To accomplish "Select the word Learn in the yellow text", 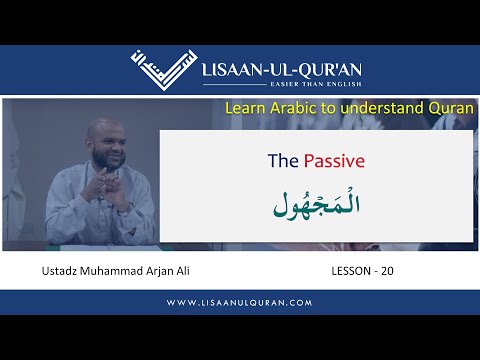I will coord(245,106).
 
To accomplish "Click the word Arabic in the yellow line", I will coord(294,106).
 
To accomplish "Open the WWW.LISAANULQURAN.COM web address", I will coord(240,302).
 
